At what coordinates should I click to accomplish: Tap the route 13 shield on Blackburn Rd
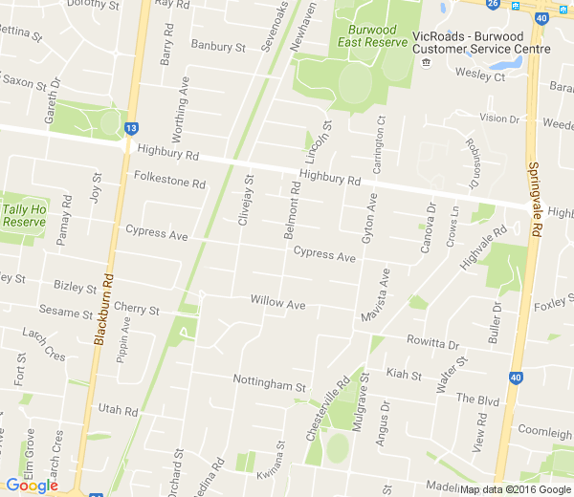tap(131, 127)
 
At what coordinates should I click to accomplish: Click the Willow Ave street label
tap(277, 302)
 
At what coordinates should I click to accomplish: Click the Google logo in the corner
tap(32, 486)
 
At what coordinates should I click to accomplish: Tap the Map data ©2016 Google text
tap(515, 489)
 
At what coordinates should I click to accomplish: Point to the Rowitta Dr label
tap(432, 344)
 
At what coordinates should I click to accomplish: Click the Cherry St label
tap(135, 310)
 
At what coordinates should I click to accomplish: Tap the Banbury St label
tap(218, 45)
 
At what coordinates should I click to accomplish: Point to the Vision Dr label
tap(498, 119)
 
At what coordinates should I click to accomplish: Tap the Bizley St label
tap(75, 287)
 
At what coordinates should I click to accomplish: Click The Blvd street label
tap(478, 398)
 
